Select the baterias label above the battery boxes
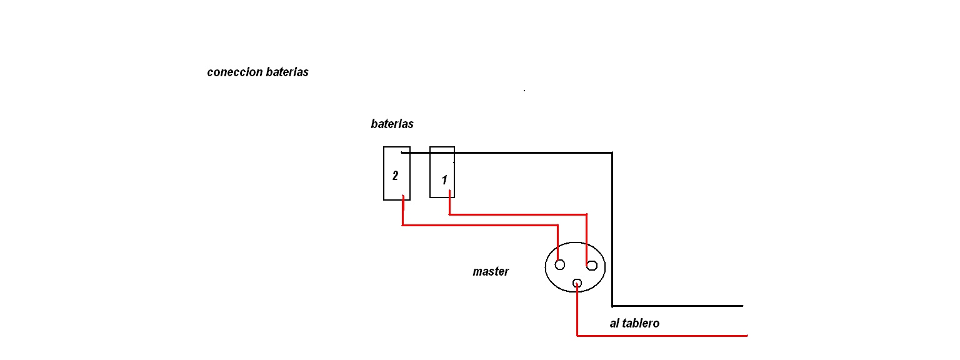[x=392, y=124]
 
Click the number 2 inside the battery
[x=395, y=176]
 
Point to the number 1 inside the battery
[x=444, y=181]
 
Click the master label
[x=491, y=272]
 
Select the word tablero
[x=640, y=324]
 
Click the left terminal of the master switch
[x=560, y=264]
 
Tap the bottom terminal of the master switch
[x=577, y=284]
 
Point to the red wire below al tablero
[x=662, y=336]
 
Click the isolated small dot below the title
[x=524, y=91]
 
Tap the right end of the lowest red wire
[x=746, y=336]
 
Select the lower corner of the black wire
[x=612, y=306]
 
